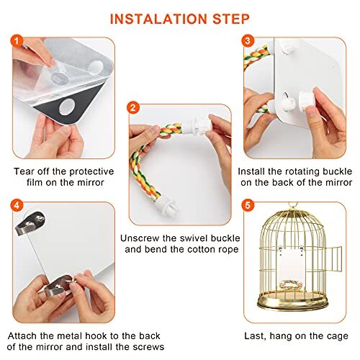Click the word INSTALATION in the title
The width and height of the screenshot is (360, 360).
[x=158, y=19]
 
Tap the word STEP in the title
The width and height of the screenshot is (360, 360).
[x=231, y=19]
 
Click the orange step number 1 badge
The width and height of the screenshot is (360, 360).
[x=17, y=41]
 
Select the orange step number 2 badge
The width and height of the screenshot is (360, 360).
[x=133, y=107]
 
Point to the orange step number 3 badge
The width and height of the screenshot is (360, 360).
[x=248, y=41]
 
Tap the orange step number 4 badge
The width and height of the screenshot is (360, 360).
[x=17, y=205]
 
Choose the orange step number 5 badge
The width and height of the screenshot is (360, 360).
[x=248, y=205]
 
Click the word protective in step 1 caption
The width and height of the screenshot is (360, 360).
[x=91, y=172]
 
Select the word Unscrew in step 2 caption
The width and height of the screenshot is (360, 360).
[x=140, y=238]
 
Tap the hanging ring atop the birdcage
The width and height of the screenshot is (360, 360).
[x=292, y=206]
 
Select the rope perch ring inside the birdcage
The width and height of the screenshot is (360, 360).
[x=291, y=284]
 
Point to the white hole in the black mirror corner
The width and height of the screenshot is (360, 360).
[x=67, y=107]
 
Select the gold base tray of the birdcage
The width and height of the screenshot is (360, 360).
[x=292, y=301]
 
